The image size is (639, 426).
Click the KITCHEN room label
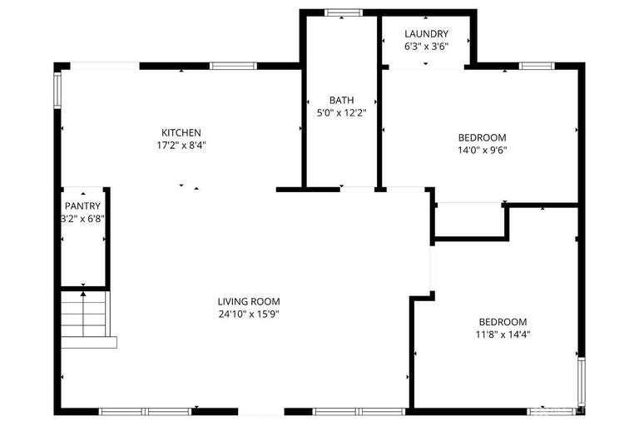181,132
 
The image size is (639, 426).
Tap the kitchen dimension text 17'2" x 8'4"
181,145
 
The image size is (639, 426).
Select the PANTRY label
82,206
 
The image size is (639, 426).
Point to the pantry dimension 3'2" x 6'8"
82,219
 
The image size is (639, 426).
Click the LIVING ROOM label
249,302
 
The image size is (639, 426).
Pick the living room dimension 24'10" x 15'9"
249,315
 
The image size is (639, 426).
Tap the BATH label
341,100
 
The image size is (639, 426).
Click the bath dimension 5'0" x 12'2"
341,112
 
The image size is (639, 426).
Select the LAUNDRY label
426,34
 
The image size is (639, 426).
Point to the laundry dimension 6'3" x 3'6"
426,47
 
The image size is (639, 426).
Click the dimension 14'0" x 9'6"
483,151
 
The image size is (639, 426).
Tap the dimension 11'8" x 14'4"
503,334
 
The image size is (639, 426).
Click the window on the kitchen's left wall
57,90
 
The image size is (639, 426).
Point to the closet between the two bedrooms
470,220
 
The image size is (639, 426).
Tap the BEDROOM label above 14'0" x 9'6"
483,137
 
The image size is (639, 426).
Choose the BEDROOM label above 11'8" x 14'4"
503,322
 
